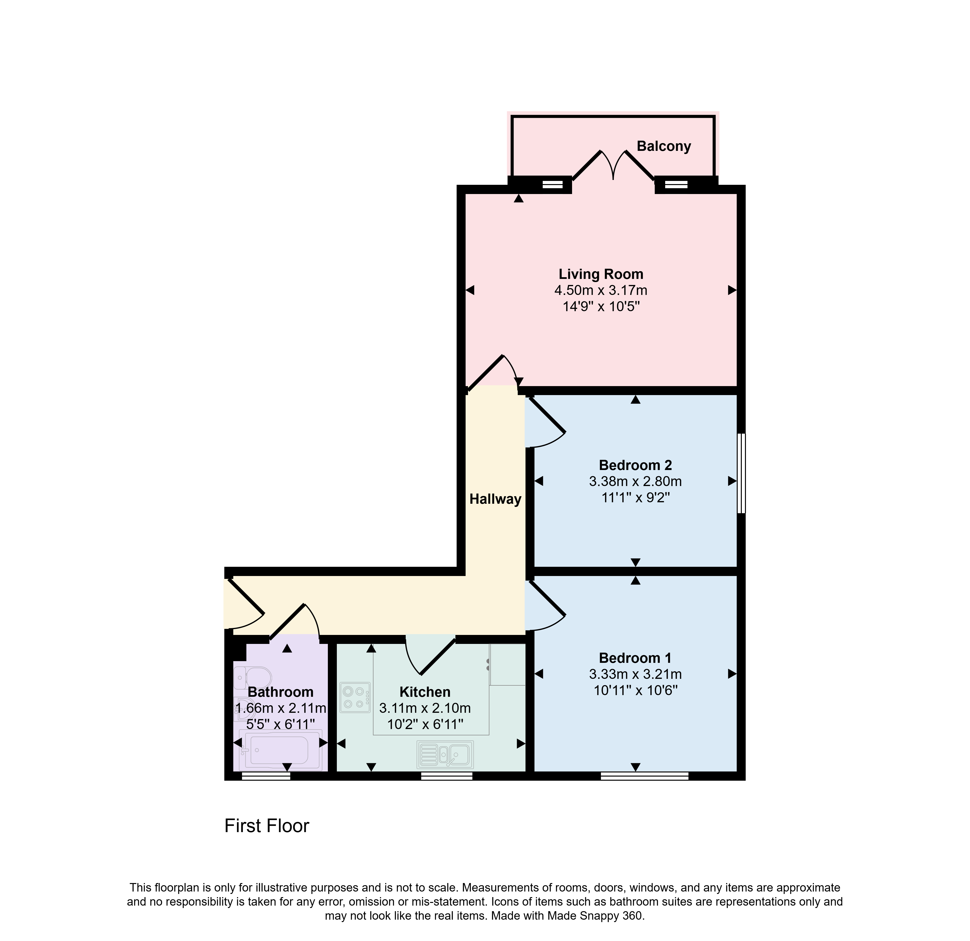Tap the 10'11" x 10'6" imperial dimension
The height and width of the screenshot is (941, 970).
(635, 690)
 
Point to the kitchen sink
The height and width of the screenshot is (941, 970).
(445, 754)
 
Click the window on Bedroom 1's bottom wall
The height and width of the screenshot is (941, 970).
(644, 776)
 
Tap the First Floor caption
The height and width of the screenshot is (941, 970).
(267, 826)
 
